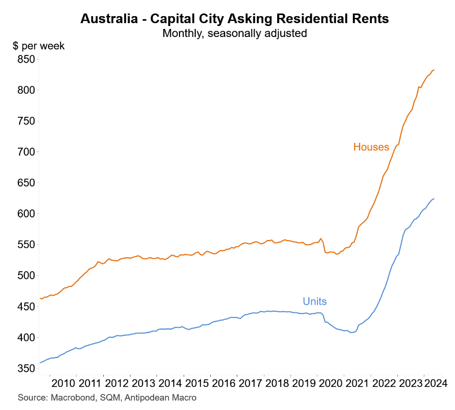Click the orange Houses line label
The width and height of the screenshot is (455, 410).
(371, 147)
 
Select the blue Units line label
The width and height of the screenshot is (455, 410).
(315, 301)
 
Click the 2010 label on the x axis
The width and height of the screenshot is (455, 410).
(64, 383)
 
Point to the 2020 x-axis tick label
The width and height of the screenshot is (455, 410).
(330, 383)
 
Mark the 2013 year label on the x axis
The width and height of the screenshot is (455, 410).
(143, 383)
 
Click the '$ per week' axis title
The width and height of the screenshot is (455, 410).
(39, 46)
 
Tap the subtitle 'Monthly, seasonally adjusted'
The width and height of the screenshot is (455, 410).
(234, 33)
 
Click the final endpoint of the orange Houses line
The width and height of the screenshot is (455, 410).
(434, 70)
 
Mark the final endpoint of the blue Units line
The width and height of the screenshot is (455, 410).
(434, 199)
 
